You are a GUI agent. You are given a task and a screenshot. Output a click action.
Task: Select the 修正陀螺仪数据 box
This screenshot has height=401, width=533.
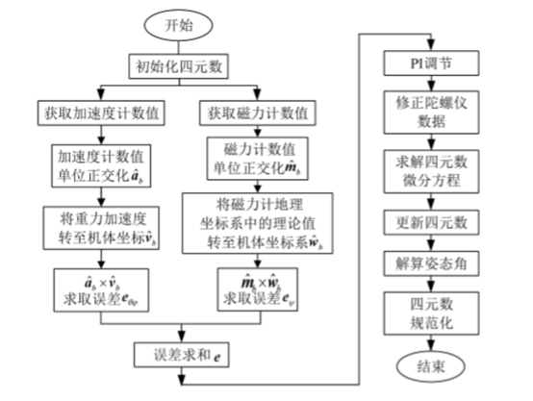[431, 112]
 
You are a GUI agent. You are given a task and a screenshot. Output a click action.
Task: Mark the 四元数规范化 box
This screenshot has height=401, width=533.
[431, 313]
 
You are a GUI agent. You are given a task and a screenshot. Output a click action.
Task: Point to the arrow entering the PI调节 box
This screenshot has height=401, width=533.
[431, 45]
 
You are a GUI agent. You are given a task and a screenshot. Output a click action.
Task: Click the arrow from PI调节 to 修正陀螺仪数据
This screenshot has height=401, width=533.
[431, 86]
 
